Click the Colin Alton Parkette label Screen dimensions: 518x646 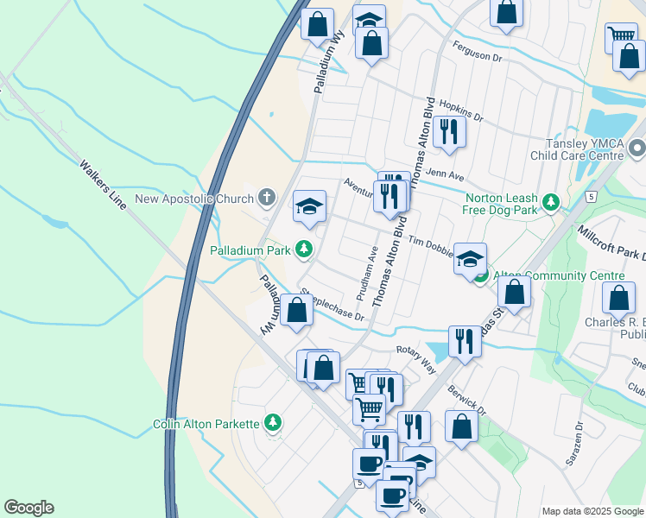(x=206, y=424)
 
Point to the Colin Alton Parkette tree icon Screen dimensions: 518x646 (x=273, y=422)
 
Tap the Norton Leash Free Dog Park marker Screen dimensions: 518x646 (x=550, y=202)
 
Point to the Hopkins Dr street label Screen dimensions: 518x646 (x=461, y=110)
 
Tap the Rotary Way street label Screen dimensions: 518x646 (x=415, y=357)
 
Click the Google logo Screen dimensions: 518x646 (x=28, y=508)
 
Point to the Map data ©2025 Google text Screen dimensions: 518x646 (x=592, y=511)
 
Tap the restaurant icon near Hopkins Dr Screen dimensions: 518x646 (x=448, y=131)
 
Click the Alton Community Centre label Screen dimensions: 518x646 (x=558, y=275)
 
